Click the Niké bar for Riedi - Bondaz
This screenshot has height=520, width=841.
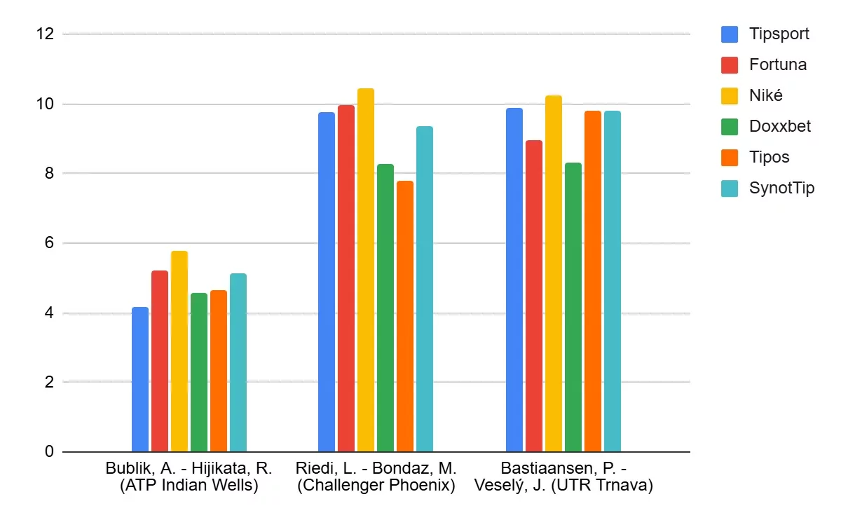[x=366, y=270]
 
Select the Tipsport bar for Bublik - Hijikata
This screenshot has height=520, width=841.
[x=140, y=379]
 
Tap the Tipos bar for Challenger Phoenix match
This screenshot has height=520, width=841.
[x=405, y=316]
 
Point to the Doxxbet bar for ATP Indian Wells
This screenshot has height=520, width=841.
[x=199, y=372]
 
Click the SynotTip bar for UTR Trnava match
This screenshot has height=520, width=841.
[x=613, y=281]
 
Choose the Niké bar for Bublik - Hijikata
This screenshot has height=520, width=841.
[x=179, y=351]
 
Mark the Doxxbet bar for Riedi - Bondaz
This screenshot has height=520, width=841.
[x=385, y=308]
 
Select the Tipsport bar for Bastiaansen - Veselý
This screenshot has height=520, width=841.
[x=514, y=280]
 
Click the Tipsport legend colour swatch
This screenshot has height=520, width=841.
[x=730, y=34]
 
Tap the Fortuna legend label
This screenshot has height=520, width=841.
[x=777, y=64]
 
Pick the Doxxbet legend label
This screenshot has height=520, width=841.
[x=779, y=126]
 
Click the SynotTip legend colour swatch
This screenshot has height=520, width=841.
[x=730, y=188]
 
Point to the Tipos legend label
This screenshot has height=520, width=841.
[x=769, y=157]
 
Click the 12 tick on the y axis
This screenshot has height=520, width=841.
[x=45, y=34]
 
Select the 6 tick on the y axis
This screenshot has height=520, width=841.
[x=49, y=243]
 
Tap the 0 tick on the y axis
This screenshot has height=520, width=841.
[x=49, y=452]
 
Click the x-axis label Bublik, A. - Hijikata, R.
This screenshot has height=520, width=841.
[x=189, y=468]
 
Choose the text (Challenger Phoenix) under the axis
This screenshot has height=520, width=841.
[x=376, y=486]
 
